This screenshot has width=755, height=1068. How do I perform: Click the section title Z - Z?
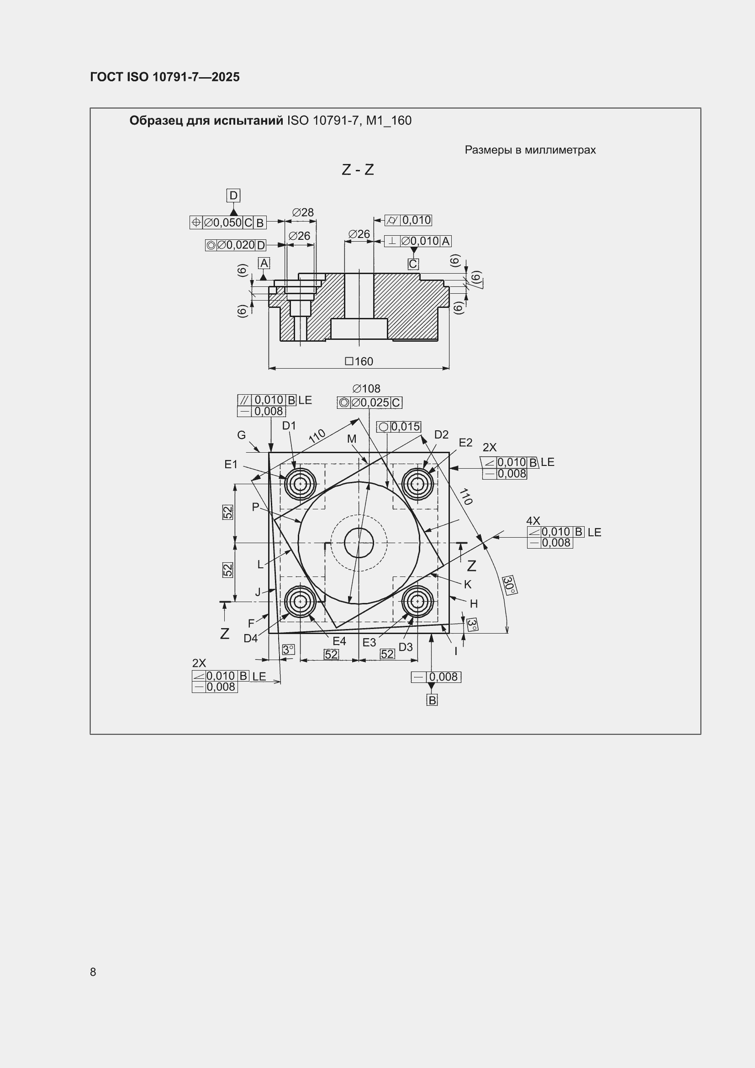coord(358,170)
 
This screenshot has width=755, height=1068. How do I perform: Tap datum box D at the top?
coord(233,196)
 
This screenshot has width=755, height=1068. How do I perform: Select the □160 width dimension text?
coord(359,361)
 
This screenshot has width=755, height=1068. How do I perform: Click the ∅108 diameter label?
coord(366,388)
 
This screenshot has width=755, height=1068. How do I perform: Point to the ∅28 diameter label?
coord(303,212)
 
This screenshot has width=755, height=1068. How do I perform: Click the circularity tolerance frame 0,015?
coord(399,427)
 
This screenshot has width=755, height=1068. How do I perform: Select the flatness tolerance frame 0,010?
coord(408,220)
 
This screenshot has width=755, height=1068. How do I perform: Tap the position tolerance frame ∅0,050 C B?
coord(228,222)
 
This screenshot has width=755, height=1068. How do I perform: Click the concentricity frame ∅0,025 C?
coord(370,403)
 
